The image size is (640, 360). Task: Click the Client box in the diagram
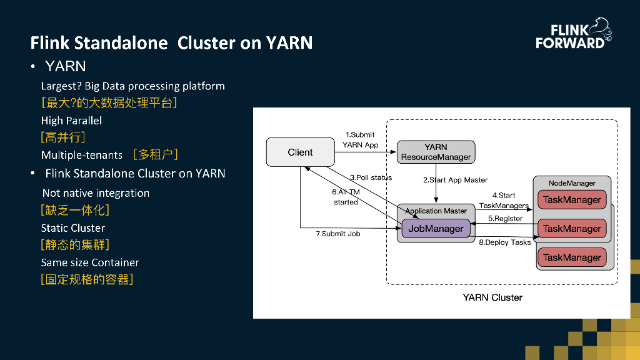[x=300, y=152]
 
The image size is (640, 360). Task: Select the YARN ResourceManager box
[x=436, y=152]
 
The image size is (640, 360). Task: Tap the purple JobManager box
[x=436, y=229]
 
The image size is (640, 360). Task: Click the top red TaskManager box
[x=572, y=200]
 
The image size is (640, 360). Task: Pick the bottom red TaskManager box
[x=572, y=257]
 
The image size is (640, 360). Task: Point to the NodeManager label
[x=572, y=183]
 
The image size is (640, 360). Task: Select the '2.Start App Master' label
[x=455, y=180]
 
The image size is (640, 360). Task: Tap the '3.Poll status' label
[x=371, y=177]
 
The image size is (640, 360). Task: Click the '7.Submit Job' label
[x=338, y=234]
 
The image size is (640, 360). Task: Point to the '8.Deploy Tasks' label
[x=504, y=242]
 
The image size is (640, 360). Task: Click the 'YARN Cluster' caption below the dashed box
[x=492, y=297]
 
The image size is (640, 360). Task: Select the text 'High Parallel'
[x=71, y=121]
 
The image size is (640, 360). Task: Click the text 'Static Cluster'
[x=73, y=228]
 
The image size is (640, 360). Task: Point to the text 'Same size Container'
[x=90, y=262]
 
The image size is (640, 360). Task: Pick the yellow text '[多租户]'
[x=156, y=154]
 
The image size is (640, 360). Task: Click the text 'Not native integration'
[x=96, y=193]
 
